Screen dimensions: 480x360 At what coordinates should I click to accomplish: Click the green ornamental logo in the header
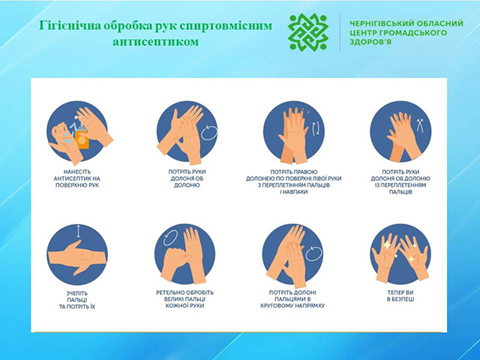tap(308, 31)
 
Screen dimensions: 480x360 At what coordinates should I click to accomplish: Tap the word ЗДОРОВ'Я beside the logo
tap(370, 42)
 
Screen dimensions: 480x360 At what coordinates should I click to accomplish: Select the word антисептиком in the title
tap(156, 41)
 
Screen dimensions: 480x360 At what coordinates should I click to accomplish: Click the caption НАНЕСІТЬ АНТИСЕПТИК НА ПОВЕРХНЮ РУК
tap(76, 178)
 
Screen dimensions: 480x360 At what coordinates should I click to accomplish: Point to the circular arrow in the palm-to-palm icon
tap(209, 133)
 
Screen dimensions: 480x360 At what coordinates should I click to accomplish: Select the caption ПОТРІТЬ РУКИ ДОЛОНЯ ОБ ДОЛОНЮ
tap(187, 178)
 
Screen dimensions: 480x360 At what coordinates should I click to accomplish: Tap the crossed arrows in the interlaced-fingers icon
tap(420, 125)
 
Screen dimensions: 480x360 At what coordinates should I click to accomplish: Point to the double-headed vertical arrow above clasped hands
tap(78, 232)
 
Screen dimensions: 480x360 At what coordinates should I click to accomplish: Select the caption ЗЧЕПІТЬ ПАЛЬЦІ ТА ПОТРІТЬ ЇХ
tap(77, 300)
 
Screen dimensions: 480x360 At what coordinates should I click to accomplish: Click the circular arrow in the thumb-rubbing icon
tap(170, 238)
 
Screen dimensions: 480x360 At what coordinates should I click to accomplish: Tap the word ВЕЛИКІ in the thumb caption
tap(175, 299)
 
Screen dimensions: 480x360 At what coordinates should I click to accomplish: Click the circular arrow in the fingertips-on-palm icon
tap(313, 253)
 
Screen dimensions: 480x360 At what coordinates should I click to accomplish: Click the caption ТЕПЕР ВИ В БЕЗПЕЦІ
tap(400, 295)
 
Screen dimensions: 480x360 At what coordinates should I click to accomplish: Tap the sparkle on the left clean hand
tap(387, 245)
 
